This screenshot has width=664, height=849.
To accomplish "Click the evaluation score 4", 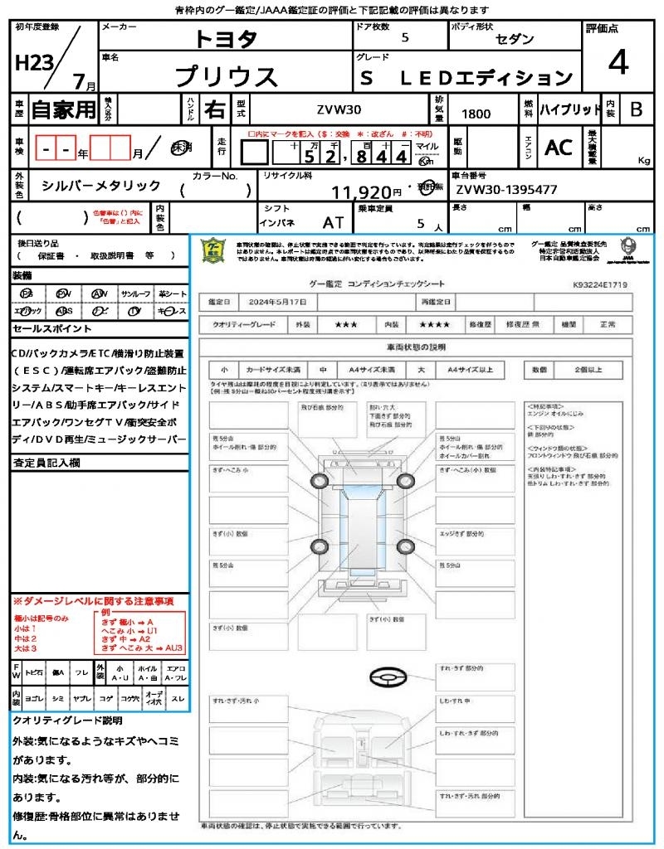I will click(617, 63).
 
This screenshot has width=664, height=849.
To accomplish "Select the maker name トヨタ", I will click(227, 39).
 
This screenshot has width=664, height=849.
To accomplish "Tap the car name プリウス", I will click(227, 76).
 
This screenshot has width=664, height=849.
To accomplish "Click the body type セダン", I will click(515, 39).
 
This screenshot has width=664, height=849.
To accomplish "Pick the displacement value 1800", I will click(476, 114).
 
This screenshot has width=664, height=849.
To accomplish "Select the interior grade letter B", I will click(636, 109).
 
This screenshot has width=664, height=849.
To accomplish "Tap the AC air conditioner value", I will click(559, 147).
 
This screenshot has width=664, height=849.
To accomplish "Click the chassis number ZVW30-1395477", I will click(505, 189).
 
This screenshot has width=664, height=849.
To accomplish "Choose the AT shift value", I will click(334, 222).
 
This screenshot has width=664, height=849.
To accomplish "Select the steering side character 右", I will click(214, 109).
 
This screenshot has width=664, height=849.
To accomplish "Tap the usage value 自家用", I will click(64, 109).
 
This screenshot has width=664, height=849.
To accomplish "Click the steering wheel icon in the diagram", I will click(388, 677).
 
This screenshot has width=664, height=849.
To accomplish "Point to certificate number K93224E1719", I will click(599, 284).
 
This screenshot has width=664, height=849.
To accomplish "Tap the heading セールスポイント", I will click(46, 329).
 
